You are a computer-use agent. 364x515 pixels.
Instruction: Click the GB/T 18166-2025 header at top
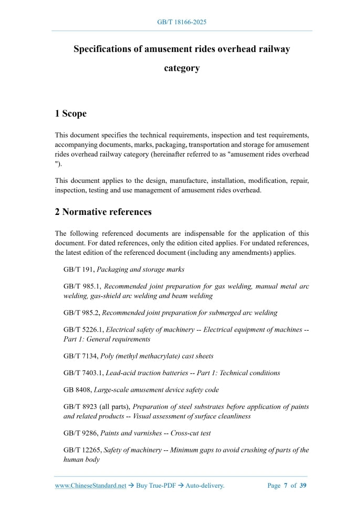(182, 22)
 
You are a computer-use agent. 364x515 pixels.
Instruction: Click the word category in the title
(182, 68)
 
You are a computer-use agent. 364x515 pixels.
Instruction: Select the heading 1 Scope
(71, 114)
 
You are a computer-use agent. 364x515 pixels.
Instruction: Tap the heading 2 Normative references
(103, 212)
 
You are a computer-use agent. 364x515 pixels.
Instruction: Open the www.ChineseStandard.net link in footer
(91, 486)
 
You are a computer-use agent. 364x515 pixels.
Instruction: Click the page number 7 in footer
(285, 486)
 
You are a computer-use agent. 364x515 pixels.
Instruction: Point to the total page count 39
(303, 486)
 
